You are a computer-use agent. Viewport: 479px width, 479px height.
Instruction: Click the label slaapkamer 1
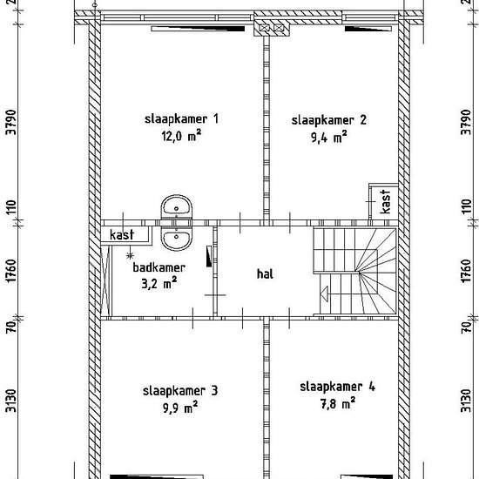(x=181, y=119)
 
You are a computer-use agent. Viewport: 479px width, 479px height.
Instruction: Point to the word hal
(x=265, y=273)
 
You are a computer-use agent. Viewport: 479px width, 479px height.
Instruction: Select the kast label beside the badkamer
(x=119, y=235)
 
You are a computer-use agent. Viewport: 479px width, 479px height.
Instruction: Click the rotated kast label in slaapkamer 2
(x=386, y=202)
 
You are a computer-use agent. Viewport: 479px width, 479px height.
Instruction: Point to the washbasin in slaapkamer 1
(x=177, y=208)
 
